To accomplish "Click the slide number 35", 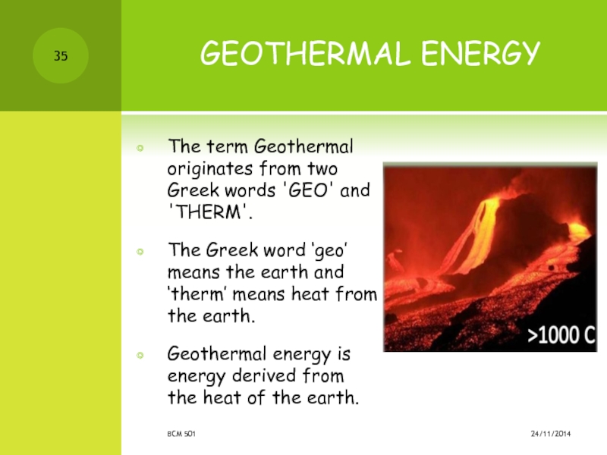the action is point(61,56).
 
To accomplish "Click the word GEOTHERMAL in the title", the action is point(306,53).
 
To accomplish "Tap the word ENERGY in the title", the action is point(480,54).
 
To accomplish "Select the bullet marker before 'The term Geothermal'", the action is point(140,148).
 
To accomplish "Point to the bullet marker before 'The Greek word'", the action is point(140,252).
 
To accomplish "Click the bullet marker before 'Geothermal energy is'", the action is point(140,355).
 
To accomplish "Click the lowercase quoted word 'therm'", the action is point(197,293).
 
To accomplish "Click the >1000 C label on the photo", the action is point(561,335).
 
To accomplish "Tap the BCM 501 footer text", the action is point(181,434).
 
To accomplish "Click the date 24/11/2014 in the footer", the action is point(551,434).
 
